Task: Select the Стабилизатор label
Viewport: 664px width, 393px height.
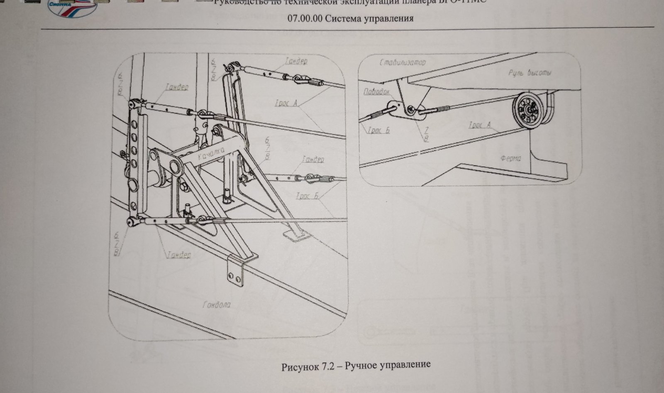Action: [x=402, y=62]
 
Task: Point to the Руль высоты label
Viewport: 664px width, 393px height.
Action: [x=530, y=73]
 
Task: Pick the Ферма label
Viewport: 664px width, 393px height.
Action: [x=510, y=158]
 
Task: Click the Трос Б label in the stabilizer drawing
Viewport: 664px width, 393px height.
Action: [x=378, y=130]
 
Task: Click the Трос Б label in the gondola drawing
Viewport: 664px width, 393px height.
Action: [x=307, y=196]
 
